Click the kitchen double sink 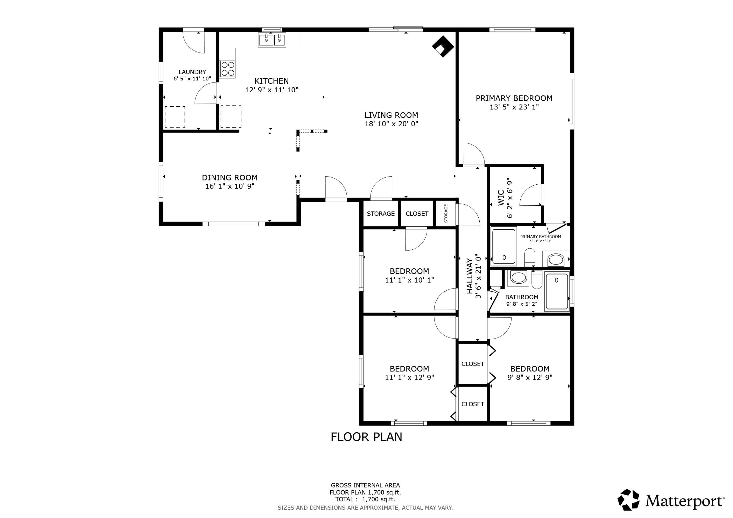[x=272, y=40]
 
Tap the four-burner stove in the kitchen [x=227, y=69]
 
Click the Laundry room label [x=192, y=72]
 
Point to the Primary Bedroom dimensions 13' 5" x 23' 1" [x=514, y=107]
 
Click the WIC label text [x=501, y=198]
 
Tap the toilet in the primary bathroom [x=530, y=257]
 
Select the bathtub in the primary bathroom [x=504, y=246]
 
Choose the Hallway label [x=469, y=276]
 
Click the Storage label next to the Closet [x=380, y=213]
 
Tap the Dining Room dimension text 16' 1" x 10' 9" [x=229, y=186]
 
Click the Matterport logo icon [x=628, y=499]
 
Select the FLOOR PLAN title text [x=366, y=437]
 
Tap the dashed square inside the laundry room [x=175, y=117]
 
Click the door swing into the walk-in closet [x=530, y=195]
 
